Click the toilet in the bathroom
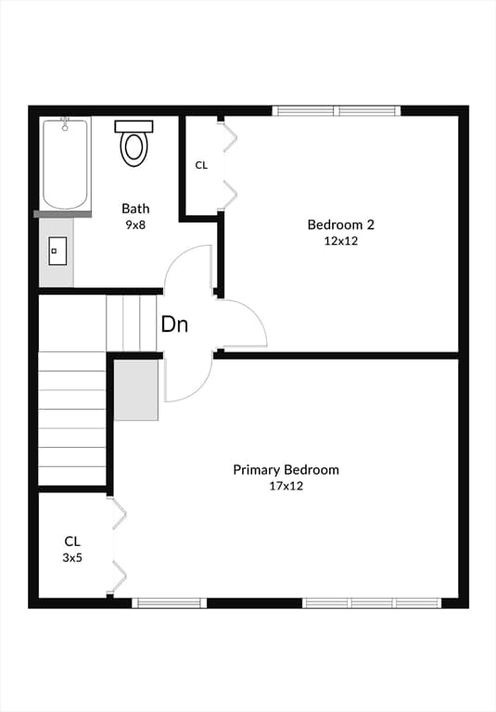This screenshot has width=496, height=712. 134,143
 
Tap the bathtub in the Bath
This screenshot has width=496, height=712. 65,163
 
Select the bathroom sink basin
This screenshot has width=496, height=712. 57,250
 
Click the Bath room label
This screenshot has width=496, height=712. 135,209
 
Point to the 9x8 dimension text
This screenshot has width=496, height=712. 135,224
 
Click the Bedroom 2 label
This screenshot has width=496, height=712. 340,224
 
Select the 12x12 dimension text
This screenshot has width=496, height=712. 340,241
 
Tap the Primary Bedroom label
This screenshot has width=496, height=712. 286,469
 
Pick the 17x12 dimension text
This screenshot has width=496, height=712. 286,487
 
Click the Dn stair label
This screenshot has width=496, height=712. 175,324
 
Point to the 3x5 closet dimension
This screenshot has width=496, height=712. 72,557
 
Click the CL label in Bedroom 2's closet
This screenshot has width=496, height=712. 201,165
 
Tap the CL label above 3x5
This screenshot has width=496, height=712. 72,541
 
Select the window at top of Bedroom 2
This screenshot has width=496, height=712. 337,111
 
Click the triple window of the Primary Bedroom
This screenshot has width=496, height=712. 372,603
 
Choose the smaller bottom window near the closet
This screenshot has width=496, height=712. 170,603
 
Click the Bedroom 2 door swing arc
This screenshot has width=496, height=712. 254,313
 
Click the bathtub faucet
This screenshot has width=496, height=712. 65,123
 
